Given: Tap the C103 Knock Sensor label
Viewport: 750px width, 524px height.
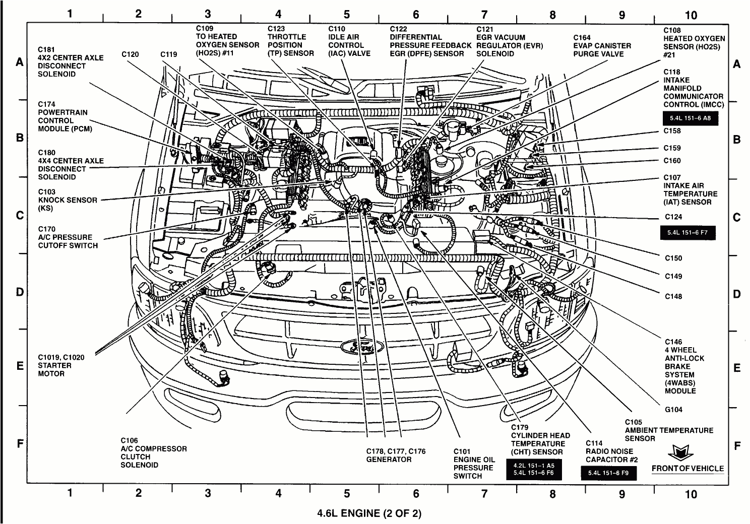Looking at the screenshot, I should click(68, 200).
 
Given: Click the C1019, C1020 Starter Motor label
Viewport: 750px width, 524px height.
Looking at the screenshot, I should click(61, 365).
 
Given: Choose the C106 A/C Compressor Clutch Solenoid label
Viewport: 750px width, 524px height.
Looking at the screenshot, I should click(153, 452).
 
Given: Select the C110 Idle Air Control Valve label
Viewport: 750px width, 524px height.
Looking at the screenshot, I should click(349, 41).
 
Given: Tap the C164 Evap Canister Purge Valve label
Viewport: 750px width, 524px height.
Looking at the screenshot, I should click(602, 46).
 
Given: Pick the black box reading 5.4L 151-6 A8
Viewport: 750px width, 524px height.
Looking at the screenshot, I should click(690, 118).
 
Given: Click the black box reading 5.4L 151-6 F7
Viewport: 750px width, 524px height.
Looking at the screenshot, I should click(687, 233).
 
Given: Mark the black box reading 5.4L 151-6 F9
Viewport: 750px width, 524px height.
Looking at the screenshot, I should click(608, 473).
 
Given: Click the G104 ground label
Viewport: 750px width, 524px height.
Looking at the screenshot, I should click(673, 410).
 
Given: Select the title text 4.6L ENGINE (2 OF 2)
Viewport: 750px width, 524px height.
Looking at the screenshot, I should click(369, 513).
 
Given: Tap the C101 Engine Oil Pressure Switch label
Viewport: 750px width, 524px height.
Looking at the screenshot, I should click(474, 464).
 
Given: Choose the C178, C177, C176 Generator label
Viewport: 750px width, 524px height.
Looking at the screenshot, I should click(396, 455).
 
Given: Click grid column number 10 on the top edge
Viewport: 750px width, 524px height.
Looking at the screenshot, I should click(691, 15).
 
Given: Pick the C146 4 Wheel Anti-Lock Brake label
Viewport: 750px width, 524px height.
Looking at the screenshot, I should click(684, 366).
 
